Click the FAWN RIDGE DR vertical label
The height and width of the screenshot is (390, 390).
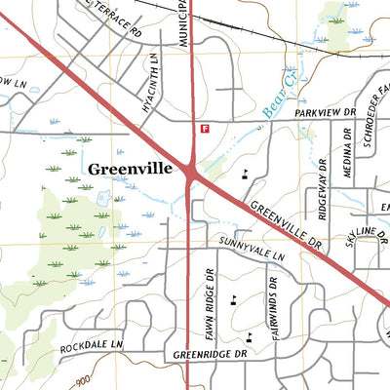(207, 302)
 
